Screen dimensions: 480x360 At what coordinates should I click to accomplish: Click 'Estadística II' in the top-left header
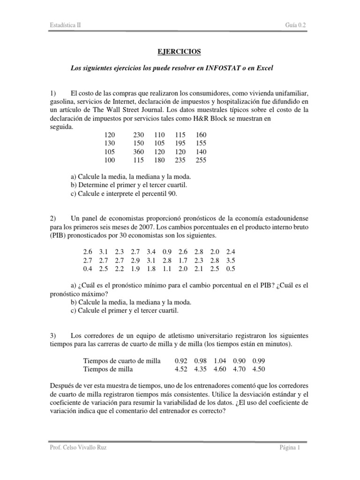(x=66, y=25)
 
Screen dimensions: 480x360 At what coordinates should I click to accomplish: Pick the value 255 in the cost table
(x=200, y=160)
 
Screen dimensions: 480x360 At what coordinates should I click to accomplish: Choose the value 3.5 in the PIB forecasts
(x=230, y=260)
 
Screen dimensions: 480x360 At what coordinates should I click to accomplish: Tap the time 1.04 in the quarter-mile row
(x=219, y=360)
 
